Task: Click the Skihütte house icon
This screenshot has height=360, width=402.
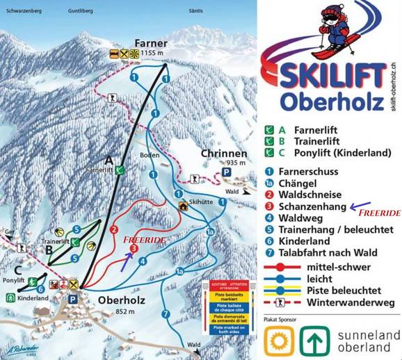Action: coord(184,205)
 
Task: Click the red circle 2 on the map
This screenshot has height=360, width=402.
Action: coord(113,231)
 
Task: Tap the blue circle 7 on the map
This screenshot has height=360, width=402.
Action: coord(166,314)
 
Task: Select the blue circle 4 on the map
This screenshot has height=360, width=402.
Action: coord(142,261)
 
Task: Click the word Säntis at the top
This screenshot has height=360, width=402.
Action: coord(199,12)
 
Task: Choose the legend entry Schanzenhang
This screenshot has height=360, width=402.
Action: coord(311,206)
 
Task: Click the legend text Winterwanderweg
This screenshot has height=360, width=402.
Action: coord(337,303)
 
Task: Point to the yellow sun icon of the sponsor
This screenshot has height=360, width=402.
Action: coord(277,341)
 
